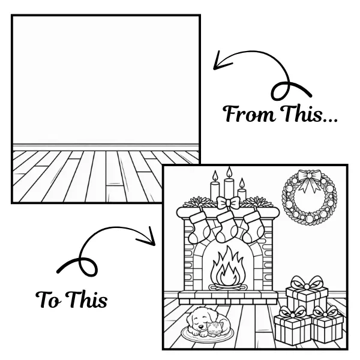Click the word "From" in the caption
coord(245,114)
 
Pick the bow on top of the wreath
coord(310,179)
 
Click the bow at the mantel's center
coord(227,203)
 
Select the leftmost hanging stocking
coord(199,227)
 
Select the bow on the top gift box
coord(308,283)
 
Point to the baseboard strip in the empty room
coord(106,146)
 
